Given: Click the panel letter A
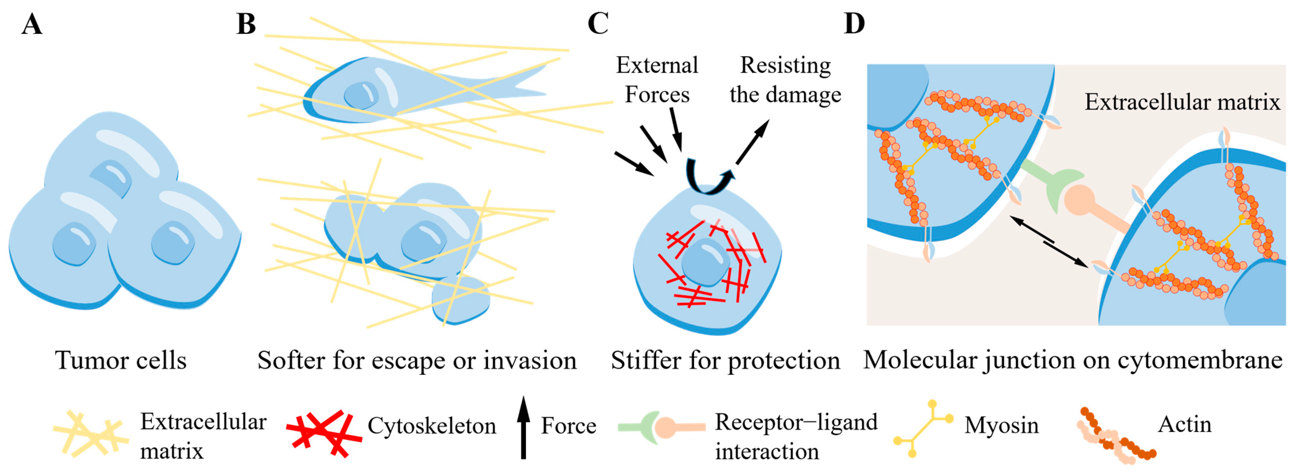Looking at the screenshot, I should pyautogui.click(x=32, y=24).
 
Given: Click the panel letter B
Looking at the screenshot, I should pyautogui.click(x=246, y=24).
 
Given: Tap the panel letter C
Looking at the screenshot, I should pyautogui.click(x=598, y=24).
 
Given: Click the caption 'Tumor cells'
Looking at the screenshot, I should pyautogui.click(x=121, y=360).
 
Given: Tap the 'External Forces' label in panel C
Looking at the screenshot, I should pyautogui.click(x=657, y=79).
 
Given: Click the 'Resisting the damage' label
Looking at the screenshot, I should pyautogui.click(x=786, y=79).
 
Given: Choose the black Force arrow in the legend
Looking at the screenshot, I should pyautogui.click(x=524, y=428).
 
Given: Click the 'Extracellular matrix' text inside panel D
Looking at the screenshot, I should pyautogui.click(x=1182, y=102).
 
